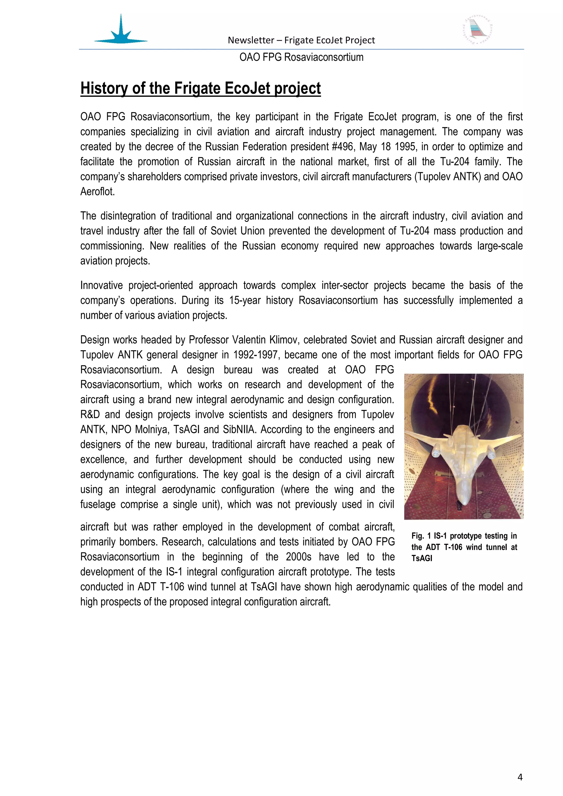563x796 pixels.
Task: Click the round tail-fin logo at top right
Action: coord(478,31)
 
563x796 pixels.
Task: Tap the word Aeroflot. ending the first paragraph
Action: coord(97,191)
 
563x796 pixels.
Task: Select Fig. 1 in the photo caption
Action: coord(421,536)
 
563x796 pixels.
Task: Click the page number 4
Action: coord(520,777)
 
